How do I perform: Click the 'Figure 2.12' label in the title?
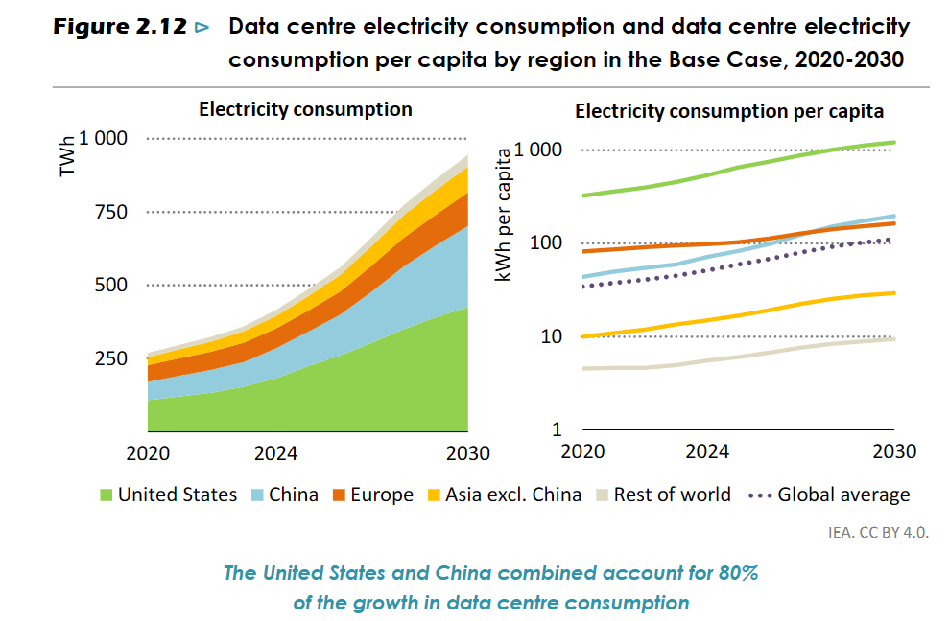pos(119,27)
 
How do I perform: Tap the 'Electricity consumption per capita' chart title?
pos(729,111)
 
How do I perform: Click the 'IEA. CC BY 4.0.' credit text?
pos(878,531)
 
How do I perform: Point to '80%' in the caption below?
pos(737,574)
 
